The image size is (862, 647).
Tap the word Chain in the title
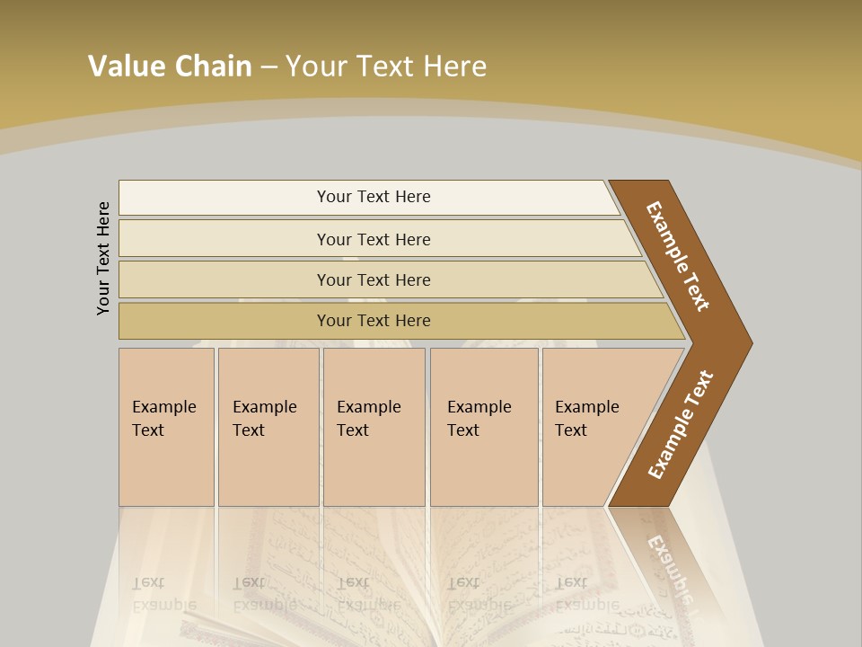click(213, 66)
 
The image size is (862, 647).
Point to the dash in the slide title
click(268, 66)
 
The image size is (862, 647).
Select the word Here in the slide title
click(454, 66)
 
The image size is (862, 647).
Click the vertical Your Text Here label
click(103, 259)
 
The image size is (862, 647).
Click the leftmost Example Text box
click(166, 426)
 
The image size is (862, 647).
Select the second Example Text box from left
click(268, 426)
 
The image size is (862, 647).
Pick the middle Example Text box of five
click(374, 426)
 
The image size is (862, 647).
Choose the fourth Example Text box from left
click(484, 426)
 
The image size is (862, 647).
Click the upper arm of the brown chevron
click(678, 256)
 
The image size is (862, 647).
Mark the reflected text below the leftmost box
click(164, 593)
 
